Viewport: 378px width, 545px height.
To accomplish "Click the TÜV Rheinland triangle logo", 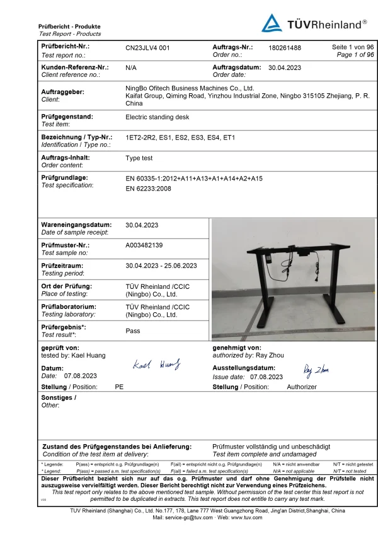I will (272, 23).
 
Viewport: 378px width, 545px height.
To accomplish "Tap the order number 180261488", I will (285, 47).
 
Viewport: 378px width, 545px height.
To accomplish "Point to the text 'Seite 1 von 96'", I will (353, 47).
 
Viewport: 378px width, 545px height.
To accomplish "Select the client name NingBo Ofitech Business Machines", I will (190, 88).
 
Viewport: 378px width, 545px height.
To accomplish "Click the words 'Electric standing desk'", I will (157, 117).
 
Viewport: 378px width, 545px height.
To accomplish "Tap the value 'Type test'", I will (139, 158).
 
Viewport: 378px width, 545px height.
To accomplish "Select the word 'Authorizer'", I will (302, 387).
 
